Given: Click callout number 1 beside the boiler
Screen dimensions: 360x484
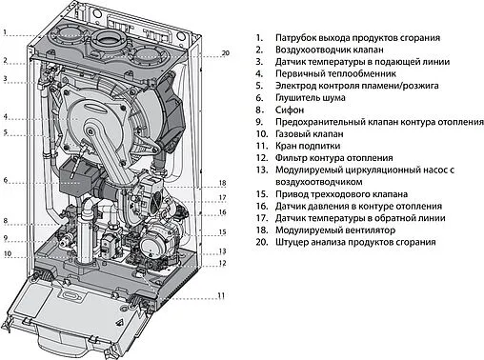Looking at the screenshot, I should click(5, 32).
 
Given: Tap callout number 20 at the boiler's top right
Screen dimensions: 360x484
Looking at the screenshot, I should click(225, 52).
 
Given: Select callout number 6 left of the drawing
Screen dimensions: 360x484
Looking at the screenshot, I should click(5, 180).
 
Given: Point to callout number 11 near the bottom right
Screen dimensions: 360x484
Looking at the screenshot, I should click(220, 296).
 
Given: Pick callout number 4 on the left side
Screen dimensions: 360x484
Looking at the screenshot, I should click(5, 117).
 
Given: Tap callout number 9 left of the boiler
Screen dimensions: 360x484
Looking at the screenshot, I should click(5, 238).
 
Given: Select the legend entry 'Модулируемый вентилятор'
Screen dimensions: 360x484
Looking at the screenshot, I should click(335, 230).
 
